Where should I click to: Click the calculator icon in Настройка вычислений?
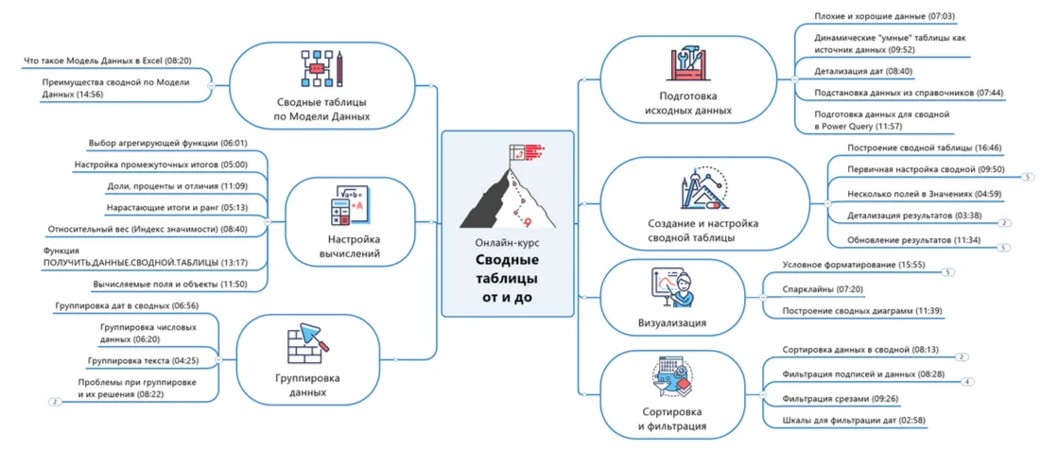click(347, 208)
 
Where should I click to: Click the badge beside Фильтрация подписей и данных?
click(966, 382)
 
